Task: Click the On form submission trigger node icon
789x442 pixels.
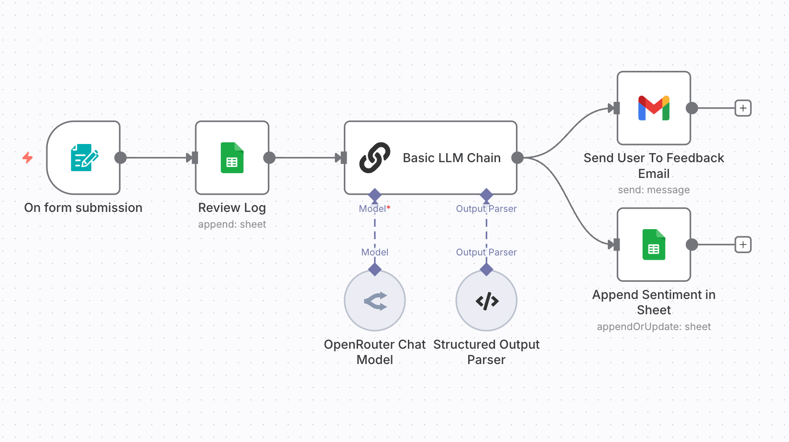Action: [84, 158]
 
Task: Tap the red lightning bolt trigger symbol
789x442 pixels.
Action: [28, 157]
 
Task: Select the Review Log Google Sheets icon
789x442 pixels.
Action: [232, 158]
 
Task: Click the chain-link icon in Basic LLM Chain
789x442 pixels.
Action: [374, 157]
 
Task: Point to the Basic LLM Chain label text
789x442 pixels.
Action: [451, 158]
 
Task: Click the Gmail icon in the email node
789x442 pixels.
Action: [654, 108]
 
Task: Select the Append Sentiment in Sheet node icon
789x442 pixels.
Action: [654, 244]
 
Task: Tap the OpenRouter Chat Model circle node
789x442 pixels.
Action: [375, 301]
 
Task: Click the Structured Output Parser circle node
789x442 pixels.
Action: [486, 301]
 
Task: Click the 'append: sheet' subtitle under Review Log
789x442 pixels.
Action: [232, 224]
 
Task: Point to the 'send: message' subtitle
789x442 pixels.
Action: [654, 190]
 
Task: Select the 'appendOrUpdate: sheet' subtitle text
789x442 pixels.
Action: [654, 327]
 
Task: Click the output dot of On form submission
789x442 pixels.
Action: [121, 158]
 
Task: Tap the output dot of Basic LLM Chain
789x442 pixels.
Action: [517, 158]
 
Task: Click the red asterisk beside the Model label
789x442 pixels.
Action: [389, 208]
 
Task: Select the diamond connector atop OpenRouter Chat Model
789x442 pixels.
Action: [375, 270]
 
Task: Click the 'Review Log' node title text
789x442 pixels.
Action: [232, 208]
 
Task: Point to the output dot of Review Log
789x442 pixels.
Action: [269, 158]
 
